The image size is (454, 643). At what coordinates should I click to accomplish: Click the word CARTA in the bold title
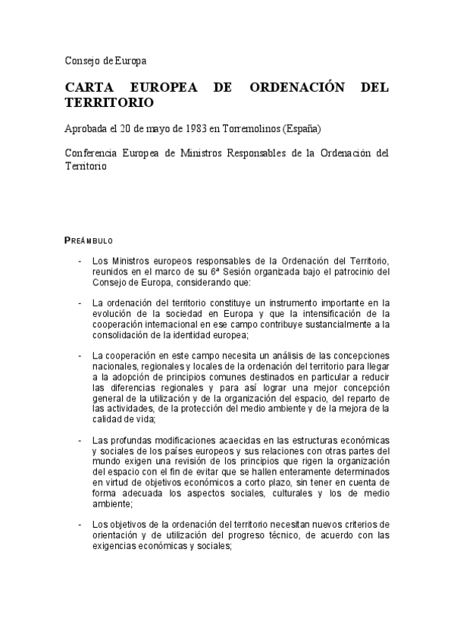(x=89, y=87)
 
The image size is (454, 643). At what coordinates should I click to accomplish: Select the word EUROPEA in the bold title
(x=174, y=87)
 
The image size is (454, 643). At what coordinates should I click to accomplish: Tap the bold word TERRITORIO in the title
(x=109, y=103)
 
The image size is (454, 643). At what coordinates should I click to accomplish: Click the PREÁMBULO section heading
(x=89, y=240)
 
